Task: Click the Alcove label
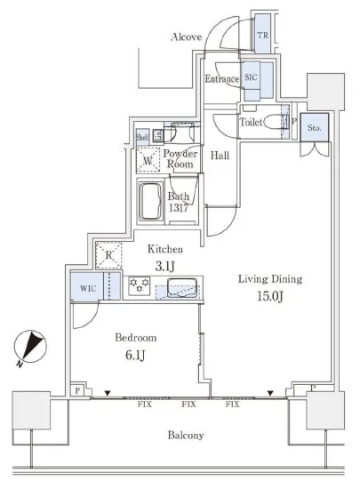tap(187, 37)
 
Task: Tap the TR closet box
tap(262, 34)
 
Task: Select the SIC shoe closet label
tap(251, 77)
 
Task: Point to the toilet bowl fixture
tap(274, 123)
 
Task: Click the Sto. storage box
tap(314, 127)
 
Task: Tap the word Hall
tap(220, 156)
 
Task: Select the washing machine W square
tap(148, 160)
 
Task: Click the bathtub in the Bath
tap(151, 202)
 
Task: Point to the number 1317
tap(179, 208)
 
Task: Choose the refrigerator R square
tap(108, 255)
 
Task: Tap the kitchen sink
tap(182, 287)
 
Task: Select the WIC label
tap(88, 288)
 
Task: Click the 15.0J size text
tap(270, 297)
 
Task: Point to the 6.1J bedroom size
tap(136, 356)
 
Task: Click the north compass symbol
tap(31, 347)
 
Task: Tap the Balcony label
tap(186, 436)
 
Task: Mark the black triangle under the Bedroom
tap(108, 394)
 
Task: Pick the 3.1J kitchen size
tap(164, 267)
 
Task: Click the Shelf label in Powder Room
tap(142, 137)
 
